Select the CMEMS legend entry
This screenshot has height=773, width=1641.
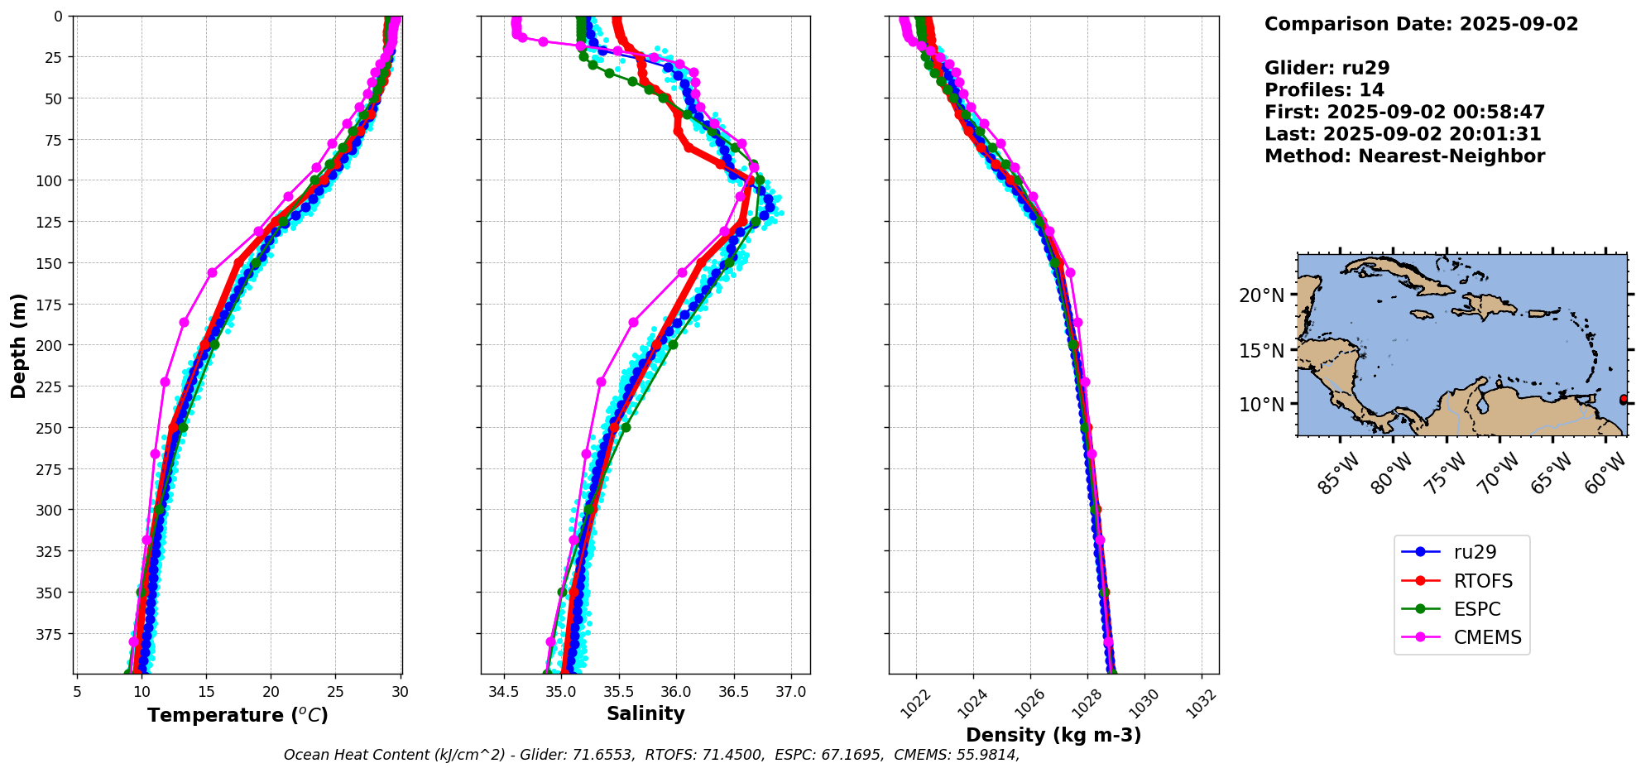[x=1487, y=637]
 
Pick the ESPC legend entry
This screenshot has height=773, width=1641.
[x=1476, y=609]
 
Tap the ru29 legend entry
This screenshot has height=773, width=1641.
[x=1475, y=552]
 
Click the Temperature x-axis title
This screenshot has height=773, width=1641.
[x=238, y=715]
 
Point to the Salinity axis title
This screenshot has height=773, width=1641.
[x=645, y=714]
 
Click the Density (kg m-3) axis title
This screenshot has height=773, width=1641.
[x=1053, y=735]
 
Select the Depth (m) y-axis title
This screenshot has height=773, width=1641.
[x=18, y=345]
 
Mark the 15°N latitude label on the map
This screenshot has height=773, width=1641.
[x=1261, y=351]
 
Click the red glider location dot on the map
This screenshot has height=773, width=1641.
[x=1624, y=400]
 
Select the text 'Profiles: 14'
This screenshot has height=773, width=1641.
[x=1324, y=90]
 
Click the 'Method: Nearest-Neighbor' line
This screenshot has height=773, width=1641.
[x=1404, y=156]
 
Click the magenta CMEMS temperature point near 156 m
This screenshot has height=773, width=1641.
[x=212, y=272]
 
